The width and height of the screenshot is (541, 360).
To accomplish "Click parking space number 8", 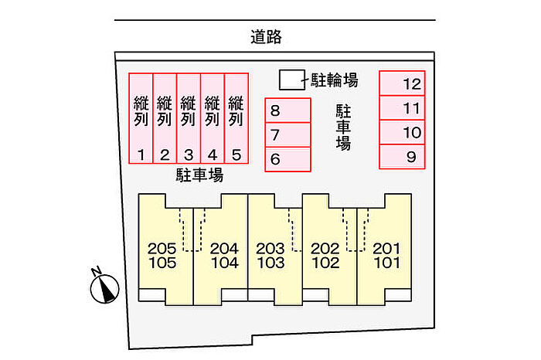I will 288,110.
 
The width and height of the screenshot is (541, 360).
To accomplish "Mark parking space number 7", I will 288,135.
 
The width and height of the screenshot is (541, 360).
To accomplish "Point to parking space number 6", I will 288,159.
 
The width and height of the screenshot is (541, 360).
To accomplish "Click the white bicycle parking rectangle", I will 290,79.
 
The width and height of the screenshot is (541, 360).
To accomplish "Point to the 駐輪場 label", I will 334,79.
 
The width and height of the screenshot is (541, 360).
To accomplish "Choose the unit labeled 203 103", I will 270,255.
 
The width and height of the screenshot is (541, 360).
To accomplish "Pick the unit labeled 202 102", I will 325,255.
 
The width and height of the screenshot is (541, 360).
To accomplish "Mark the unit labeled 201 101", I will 386,255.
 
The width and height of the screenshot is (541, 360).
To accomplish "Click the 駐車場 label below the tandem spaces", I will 199,175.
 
